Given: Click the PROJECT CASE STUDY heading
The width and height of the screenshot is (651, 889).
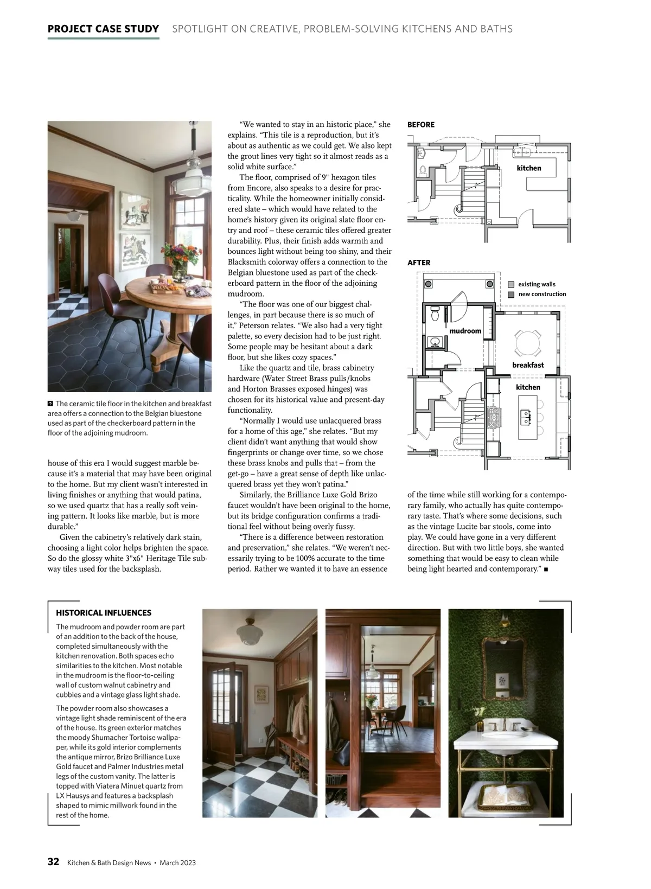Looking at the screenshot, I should [x=103, y=29].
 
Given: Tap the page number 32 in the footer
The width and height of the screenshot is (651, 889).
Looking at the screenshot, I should [x=53, y=862].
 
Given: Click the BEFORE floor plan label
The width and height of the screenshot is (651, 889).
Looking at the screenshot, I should [x=421, y=125].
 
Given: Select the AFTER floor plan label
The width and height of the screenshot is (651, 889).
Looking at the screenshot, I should [x=419, y=263].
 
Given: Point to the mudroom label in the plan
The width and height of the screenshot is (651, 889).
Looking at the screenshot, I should [x=465, y=331].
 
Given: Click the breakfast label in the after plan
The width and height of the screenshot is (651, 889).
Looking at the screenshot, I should [x=528, y=365].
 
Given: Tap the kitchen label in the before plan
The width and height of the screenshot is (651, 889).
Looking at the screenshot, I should [x=529, y=168].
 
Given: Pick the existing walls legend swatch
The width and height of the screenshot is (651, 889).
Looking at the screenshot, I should [x=510, y=284].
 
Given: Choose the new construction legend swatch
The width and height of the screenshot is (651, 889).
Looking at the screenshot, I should [x=510, y=294].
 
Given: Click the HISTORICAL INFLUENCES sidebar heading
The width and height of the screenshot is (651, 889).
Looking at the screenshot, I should [x=104, y=613].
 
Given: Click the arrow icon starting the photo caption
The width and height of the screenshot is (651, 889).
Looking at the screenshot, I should [x=50, y=404].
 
